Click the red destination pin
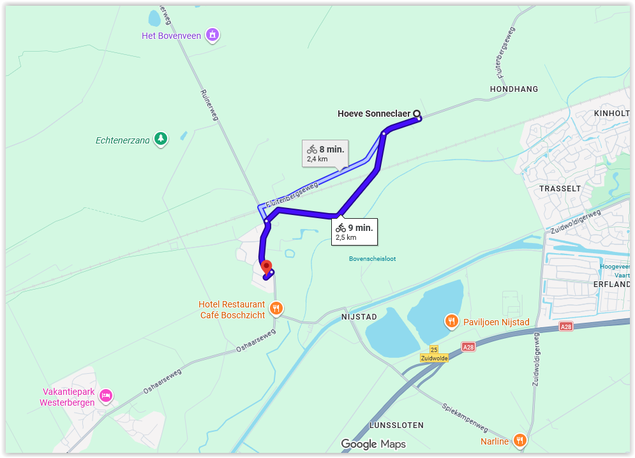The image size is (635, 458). coord(267,267)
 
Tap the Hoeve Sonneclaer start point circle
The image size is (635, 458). coord(417,114)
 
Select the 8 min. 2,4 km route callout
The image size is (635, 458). coord(325,153)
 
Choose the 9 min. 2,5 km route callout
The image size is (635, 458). coord(354,232)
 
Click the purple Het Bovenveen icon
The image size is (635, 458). coord(213,35)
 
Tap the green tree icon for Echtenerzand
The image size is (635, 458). coord(161,138)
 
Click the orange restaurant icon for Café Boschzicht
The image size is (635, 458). coord(276,309)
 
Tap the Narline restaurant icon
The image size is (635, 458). coord(520,441)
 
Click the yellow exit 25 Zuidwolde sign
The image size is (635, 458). coord(434,354)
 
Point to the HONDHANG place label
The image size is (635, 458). coord(514,89)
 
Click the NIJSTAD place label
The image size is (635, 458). coord(359,317)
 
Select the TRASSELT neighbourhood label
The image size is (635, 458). coord(560,189)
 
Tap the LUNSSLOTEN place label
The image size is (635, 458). coord(396,425)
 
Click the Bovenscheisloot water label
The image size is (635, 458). coord(372,259)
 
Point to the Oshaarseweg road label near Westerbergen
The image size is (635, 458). coord(162,381)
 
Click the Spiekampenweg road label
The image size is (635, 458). coord(465,417)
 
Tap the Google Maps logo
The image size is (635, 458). coord(373,444)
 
